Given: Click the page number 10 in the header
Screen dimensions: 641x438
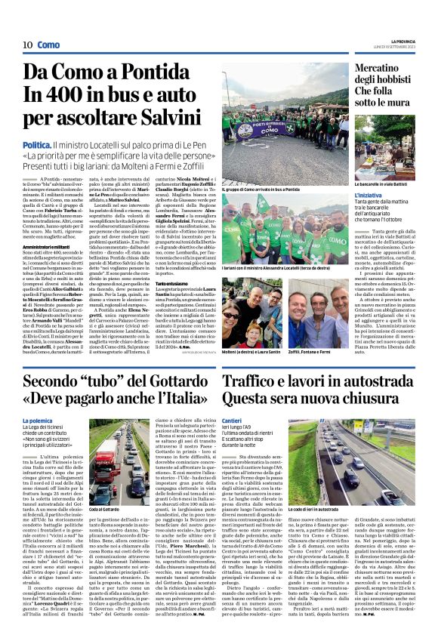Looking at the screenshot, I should click(26, 45).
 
